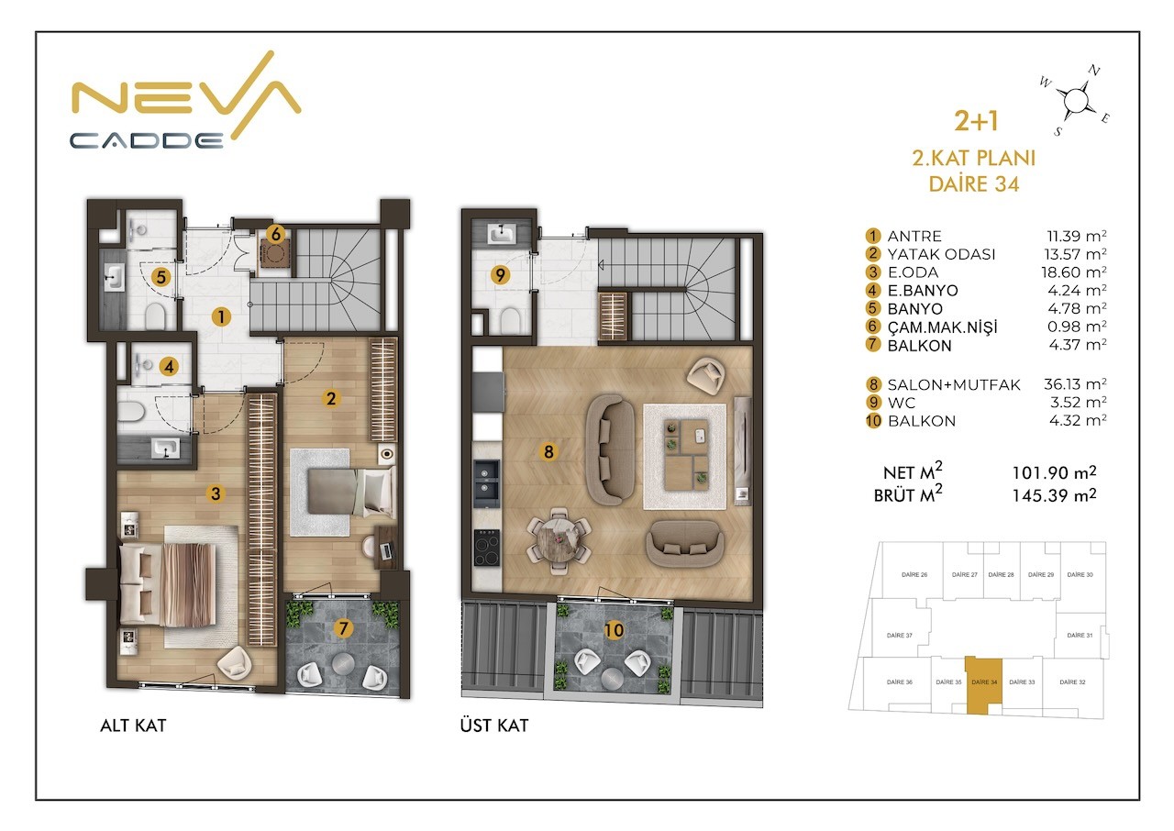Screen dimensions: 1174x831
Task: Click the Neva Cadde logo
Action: coord(185,101)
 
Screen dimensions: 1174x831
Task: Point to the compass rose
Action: coord(1074,100)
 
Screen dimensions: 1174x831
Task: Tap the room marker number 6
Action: coord(276,234)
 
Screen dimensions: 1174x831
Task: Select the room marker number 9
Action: coord(500,274)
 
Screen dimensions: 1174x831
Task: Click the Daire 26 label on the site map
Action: coord(914,575)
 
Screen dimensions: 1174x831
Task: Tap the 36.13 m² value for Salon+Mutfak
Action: coord(1075,384)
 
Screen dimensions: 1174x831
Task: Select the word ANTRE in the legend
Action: coord(914,237)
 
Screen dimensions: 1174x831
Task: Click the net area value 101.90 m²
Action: coord(1054,472)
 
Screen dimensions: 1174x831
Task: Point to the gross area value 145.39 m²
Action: coord(1054,495)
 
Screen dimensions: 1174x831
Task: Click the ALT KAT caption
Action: coord(133,726)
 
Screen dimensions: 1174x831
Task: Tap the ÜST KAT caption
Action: coord(494,725)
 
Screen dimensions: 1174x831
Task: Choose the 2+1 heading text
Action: coord(976,120)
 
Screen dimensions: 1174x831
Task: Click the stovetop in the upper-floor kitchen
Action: coord(487,548)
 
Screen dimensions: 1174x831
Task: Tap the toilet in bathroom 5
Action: coord(155,316)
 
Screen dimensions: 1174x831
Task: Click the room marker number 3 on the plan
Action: coord(216,493)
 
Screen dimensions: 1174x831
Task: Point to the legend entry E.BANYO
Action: coord(923,290)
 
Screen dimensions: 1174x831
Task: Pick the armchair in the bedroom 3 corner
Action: coord(235,663)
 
